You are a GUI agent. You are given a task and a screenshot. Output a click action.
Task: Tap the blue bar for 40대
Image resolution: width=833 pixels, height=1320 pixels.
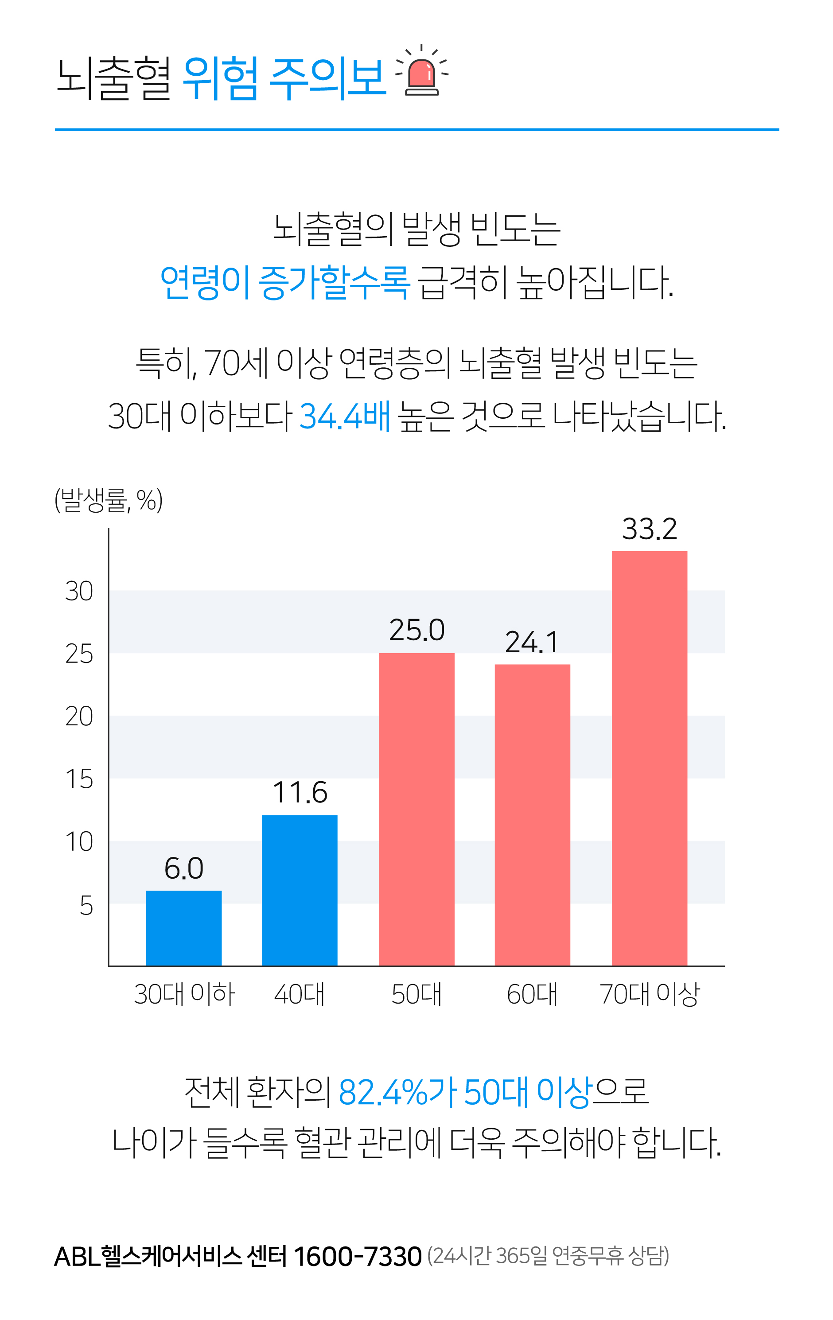click(299, 890)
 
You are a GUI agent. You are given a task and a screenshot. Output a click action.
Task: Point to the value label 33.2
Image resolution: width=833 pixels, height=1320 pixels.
click(650, 530)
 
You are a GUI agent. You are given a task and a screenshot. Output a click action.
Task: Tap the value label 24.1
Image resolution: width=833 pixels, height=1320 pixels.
click(532, 642)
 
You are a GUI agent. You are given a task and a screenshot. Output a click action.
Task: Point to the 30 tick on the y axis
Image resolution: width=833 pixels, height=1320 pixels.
click(79, 592)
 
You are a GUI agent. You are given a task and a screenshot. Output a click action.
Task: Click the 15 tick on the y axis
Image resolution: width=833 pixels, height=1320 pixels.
click(79, 779)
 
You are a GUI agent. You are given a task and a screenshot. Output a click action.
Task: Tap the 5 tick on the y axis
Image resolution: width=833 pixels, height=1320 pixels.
click(86, 906)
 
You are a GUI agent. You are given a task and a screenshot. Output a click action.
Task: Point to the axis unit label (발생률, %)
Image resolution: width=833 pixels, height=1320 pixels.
click(109, 500)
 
